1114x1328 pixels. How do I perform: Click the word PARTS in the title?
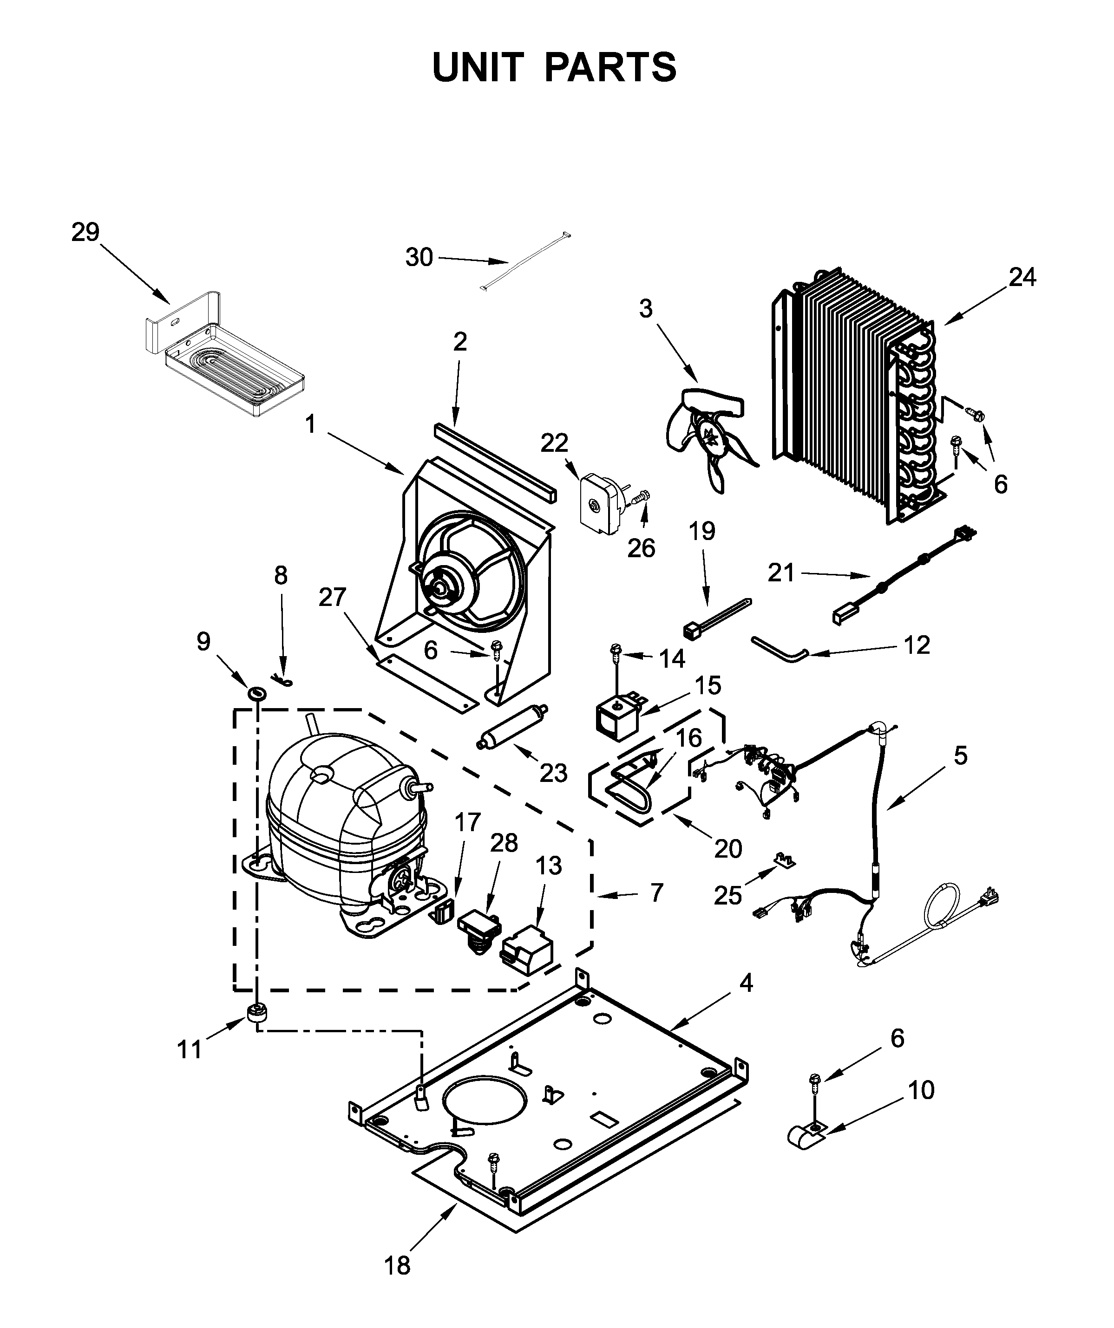(x=610, y=68)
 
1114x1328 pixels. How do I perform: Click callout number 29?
(x=85, y=233)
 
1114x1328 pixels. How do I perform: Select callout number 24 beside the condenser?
(x=1022, y=277)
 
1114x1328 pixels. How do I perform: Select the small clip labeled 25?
(x=785, y=859)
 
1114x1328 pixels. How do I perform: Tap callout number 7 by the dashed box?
(x=656, y=893)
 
